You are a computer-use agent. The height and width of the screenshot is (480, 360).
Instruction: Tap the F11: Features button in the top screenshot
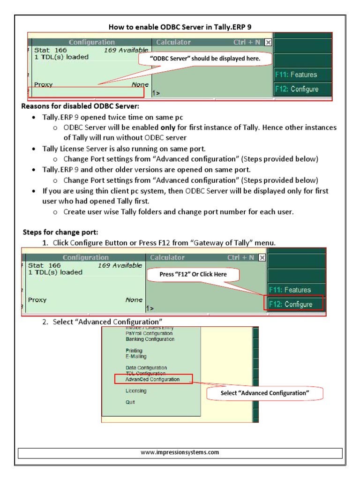pos(302,75)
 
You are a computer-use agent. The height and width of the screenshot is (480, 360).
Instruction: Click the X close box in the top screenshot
pos(268,42)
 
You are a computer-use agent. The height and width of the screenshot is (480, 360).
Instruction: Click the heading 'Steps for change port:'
pos(60,232)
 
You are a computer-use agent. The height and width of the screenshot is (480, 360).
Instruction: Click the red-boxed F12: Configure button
pos(296,304)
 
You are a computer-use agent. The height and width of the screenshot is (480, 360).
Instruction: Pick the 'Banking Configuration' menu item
pos(150,339)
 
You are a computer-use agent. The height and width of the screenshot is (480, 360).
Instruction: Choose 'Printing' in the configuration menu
pos(134,351)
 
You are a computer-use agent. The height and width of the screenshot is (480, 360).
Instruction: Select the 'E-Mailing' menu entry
pos(136,356)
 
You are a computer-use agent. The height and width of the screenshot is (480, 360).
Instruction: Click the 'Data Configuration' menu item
pos(146,368)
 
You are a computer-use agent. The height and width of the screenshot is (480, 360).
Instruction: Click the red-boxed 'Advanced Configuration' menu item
pos(153,379)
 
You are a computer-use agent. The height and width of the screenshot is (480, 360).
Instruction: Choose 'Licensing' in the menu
pos(136,391)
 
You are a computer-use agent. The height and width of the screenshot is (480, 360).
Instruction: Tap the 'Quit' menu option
pos(130,402)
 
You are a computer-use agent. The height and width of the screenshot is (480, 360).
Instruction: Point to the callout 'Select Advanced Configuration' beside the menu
pos(265,393)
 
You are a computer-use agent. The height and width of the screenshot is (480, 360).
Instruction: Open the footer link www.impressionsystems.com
pos(180,453)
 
